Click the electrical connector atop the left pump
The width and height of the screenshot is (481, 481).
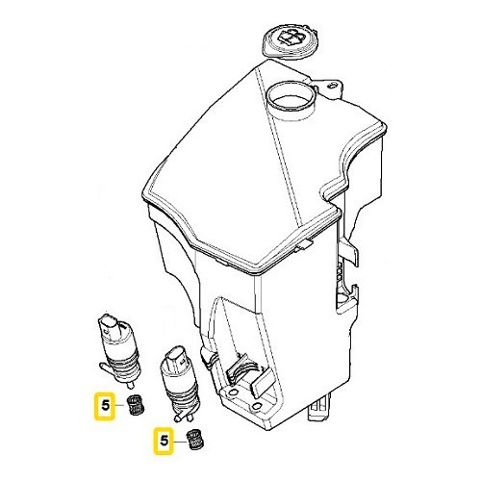click(109, 323)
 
